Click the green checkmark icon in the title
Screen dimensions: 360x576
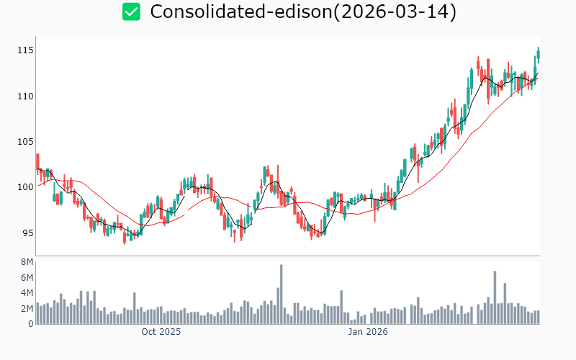(x=131, y=12)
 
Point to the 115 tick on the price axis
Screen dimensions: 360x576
(x=26, y=50)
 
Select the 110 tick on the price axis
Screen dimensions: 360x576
(x=26, y=96)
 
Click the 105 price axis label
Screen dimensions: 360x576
(x=26, y=141)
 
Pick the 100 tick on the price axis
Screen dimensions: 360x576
(x=26, y=186)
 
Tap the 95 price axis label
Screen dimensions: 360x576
(x=27, y=233)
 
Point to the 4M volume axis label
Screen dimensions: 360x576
(x=27, y=293)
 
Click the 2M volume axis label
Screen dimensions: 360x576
(x=27, y=308)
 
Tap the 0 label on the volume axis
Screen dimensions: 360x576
(x=31, y=323)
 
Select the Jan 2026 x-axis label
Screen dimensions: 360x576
(x=368, y=332)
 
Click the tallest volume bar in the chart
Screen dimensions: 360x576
(x=281, y=294)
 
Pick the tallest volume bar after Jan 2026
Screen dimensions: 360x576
(x=495, y=297)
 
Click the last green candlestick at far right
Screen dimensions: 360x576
(x=538, y=55)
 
